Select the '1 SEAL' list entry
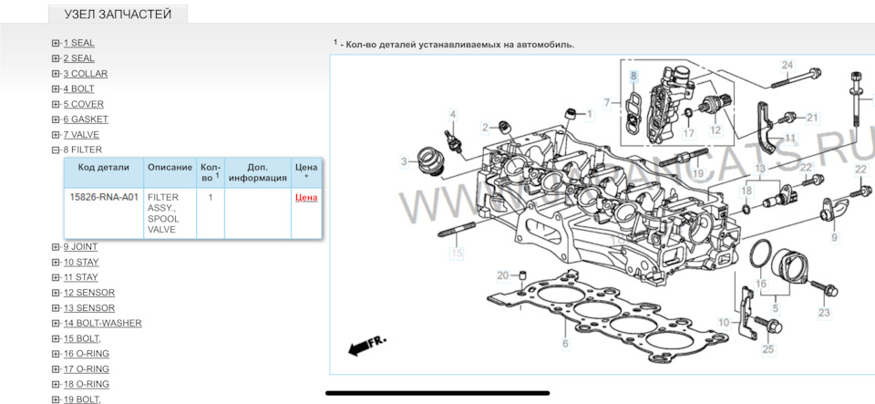pyautogui.click(x=78, y=43)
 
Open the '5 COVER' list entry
pyautogui.click(x=83, y=104)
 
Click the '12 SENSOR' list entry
pyautogui.click(x=88, y=293)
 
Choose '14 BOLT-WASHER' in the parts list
pyautogui.click(x=102, y=323)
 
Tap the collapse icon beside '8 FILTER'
pyautogui.click(x=56, y=150)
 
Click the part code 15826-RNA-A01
pyautogui.click(x=104, y=197)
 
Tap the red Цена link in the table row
pyautogui.click(x=306, y=197)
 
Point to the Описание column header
pyautogui.click(x=170, y=168)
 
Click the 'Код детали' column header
pyautogui.click(x=104, y=168)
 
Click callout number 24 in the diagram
pyautogui.click(x=787, y=65)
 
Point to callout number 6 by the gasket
pyautogui.click(x=565, y=344)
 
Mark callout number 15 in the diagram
pyautogui.click(x=457, y=253)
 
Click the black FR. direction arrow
pyautogui.click(x=367, y=344)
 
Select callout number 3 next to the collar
pyautogui.click(x=403, y=162)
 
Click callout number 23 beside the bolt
pyautogui.click(x=824, y=313)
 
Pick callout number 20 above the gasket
pyautogui.click(x=502, y=275)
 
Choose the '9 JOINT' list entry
pyautogui.click(x=80, y=247)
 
